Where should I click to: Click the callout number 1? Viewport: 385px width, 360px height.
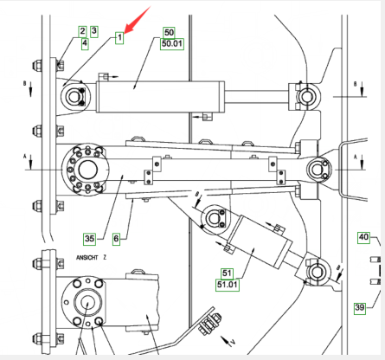click(x=119, y=38)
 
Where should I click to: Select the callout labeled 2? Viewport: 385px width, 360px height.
click(x=83, y=31)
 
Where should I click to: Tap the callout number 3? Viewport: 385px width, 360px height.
click(x=94, y=31)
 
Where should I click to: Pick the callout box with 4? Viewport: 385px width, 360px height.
click(x=85, y=44)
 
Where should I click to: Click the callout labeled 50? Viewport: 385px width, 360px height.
click(x=169, y=33)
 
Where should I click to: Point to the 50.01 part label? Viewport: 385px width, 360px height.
click(x=172, y=44)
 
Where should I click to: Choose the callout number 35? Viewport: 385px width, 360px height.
click(x=90, y=239)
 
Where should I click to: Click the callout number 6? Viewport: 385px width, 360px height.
click(x=116, y=239)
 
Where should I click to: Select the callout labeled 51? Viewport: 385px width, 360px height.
click(x=228, y=273)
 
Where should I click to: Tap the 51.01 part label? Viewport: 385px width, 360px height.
click(x=228, y=285)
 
